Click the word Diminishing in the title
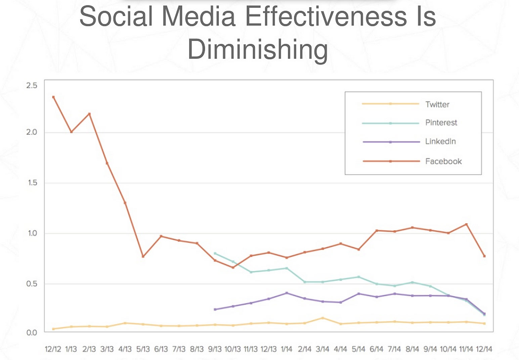pos(257,49)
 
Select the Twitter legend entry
pos(437,105)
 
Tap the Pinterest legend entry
pos(441,123)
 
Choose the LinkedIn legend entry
pos(440,142)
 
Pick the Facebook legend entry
pos(443,161)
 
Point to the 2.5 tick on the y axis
pos(32,85)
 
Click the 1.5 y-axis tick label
pos(32,183)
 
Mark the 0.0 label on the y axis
pos(32,332)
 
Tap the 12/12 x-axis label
pos(53,349)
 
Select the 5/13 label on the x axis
pos(143,349)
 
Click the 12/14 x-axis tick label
pos(484,349)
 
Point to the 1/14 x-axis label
pos(286,349)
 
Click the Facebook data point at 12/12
pos(53,97)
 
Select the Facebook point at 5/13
pos(143,256)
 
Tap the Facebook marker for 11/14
pos(466,224)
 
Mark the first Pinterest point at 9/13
pos(215,253)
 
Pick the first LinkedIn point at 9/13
pos(215,309)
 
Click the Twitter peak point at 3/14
pos(322,318)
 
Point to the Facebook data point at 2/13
pos(89,114)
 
